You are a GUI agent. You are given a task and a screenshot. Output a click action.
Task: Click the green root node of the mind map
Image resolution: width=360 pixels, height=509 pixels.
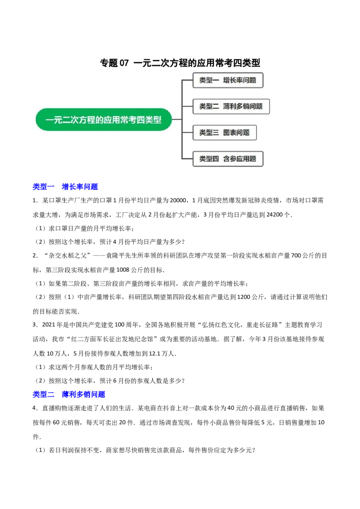coord(103,120)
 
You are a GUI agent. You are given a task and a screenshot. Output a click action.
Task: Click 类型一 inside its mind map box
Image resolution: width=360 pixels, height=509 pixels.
coord(209,80)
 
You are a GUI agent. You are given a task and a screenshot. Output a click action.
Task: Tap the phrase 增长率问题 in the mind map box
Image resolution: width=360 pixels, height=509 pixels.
coord(239,80)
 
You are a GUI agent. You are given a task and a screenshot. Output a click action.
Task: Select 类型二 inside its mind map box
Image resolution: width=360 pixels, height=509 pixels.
coord(209,107)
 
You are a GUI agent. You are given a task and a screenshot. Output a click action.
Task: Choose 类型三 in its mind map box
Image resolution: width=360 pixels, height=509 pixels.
coord(209,133)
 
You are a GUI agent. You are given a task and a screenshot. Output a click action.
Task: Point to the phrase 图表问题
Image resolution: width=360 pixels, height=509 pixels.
coord(236,133)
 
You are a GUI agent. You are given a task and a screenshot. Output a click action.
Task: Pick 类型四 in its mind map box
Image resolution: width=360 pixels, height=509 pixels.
coord(209,159)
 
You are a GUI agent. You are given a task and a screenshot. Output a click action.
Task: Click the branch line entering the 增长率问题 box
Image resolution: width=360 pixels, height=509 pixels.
coord(187,80)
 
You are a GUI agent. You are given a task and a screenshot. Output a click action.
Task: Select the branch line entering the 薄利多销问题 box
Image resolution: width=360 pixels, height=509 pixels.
coord(187,107)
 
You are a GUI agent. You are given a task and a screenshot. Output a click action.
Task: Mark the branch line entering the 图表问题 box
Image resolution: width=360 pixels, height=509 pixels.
coord(187,133)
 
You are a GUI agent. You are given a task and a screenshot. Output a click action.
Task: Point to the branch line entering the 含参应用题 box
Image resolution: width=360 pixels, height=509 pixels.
coord(187,159)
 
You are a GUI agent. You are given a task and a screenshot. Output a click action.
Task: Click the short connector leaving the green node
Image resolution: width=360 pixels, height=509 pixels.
coord(177,120)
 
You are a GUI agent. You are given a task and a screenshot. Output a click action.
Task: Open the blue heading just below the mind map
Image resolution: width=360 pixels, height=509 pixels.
coord(66,186)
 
